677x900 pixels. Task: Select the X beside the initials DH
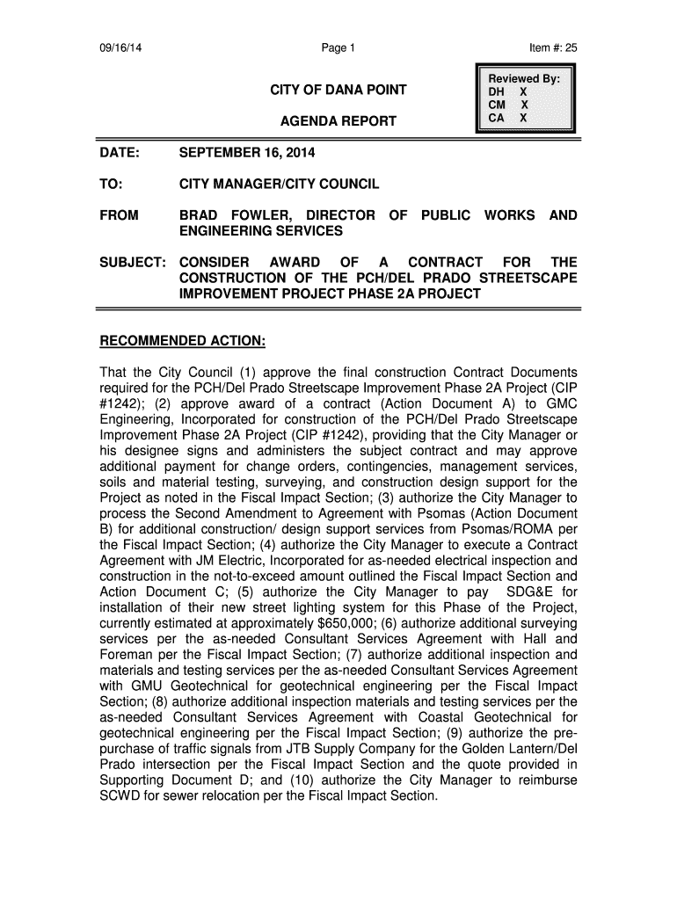pos(523,91)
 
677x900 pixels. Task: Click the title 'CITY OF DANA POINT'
pos(338,91)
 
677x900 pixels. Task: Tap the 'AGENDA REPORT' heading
pos(338,120)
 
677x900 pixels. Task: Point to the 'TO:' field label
pos(110,185)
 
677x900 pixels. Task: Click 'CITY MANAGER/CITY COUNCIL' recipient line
pos(280,185)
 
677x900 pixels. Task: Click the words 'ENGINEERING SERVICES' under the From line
pos(260,231)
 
